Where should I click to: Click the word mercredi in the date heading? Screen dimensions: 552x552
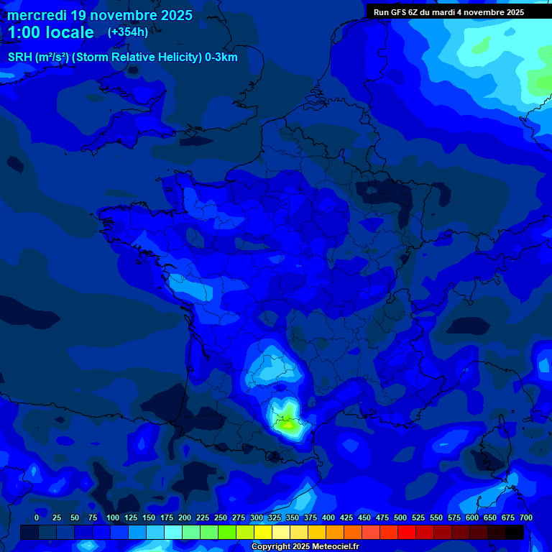(36, 15)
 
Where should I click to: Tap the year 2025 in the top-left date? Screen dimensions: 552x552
(173, 15)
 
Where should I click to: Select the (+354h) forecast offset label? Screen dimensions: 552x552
(127, 32)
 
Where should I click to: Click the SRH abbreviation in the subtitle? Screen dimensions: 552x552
(20, 57)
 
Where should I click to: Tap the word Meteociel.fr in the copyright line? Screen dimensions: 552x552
(331, 547)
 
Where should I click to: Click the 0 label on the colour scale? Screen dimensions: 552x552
(37, 517)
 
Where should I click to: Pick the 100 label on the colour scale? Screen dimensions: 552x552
(112, 517)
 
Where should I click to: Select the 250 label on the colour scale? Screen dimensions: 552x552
(221, 517)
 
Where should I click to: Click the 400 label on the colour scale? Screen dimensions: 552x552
(328, 517)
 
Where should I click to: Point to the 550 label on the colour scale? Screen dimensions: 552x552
(436, 517)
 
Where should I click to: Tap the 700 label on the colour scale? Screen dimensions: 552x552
(526, 517)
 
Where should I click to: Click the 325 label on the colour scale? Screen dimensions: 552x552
(275, 517)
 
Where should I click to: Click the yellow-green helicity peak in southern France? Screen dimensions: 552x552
(288, 424)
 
